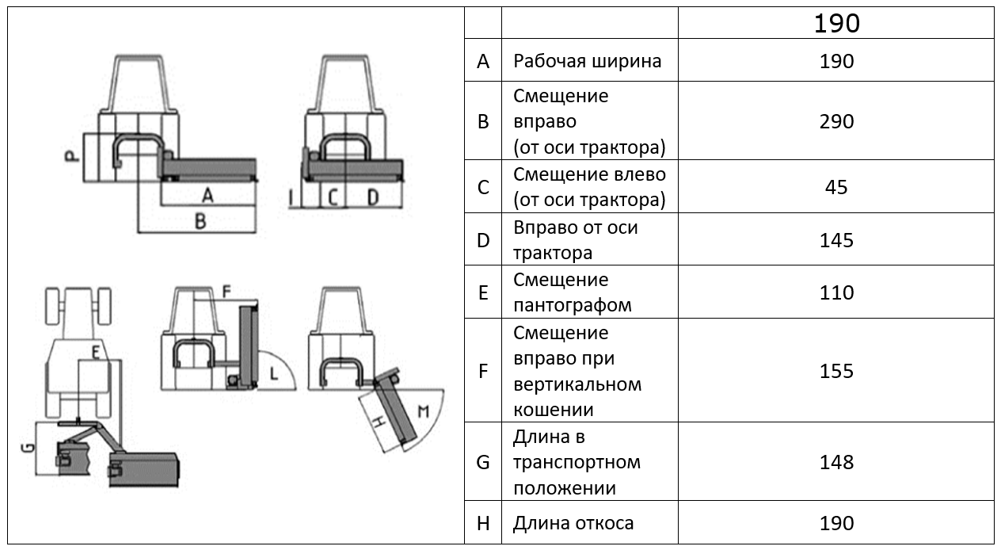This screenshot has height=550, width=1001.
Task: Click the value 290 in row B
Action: click(836, 122)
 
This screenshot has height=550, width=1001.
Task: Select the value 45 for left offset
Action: click(836, 187)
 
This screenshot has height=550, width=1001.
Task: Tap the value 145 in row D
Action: click(836, 240)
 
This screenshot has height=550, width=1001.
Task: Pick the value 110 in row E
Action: click(836, 292)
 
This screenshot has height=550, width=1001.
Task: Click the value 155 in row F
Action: click(836, 371)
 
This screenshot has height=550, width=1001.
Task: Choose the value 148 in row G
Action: click(836, 461)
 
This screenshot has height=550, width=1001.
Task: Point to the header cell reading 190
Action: click(836, 24)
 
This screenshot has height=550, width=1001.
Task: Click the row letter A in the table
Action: click(483, 61)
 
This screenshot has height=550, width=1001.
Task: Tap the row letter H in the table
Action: click(483, 523)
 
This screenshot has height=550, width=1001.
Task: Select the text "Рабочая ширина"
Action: click(587, 61)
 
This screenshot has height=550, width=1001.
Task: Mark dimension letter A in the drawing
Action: click(207, 195)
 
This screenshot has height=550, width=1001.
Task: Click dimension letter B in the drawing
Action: click(200, 222)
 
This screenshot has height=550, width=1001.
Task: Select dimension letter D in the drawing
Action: click(372, 197)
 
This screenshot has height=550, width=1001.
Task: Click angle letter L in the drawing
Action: click(273, 372)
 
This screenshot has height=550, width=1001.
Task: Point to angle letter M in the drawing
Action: click(422, 412)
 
